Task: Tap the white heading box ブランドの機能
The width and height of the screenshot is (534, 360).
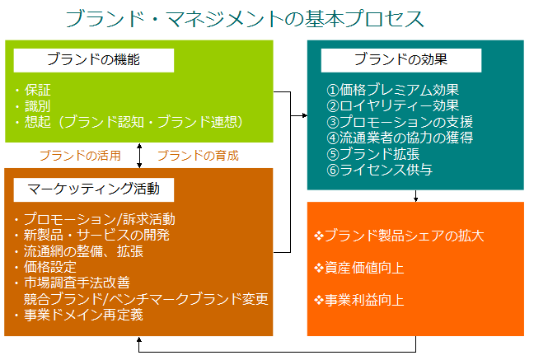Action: click(x=93, y=60)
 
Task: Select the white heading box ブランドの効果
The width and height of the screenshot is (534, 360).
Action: click(x=400, y=60)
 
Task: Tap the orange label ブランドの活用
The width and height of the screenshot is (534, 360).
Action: click(x=80, y=155)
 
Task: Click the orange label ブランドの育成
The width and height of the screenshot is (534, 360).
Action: click(x=198, y=155)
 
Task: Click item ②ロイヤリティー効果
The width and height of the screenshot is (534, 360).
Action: click(x=392, y=105)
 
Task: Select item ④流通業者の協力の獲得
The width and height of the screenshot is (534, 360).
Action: click(x=400, y=138)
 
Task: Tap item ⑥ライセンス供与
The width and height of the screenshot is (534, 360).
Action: click(x=379, y=170)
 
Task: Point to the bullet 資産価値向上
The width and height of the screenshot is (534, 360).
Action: click(x=359, y=268)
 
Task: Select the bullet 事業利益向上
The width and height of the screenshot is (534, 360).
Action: click(x=359, y=299)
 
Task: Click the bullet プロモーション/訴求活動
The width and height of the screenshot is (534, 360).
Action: click(x=99, y=220)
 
